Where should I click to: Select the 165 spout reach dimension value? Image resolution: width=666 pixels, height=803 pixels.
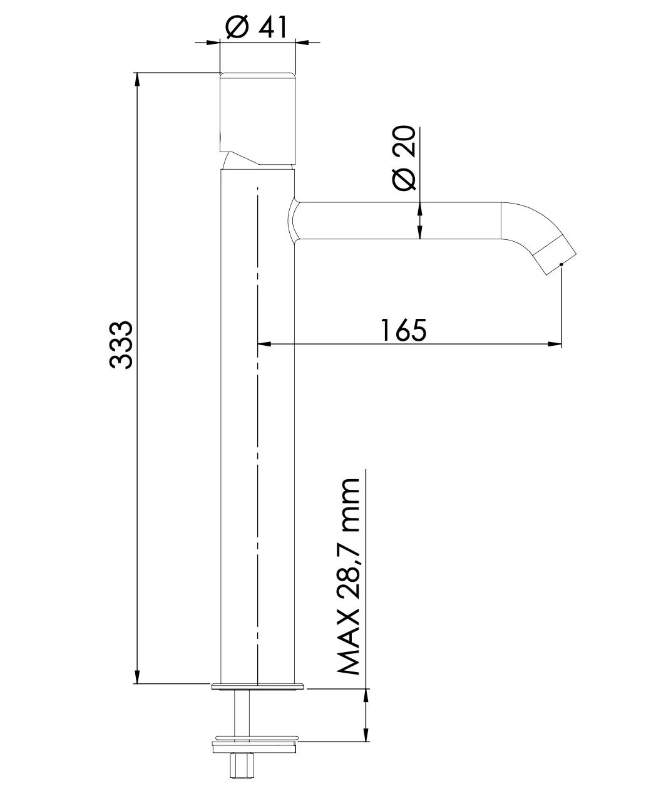404,330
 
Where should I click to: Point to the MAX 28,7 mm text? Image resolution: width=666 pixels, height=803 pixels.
349,577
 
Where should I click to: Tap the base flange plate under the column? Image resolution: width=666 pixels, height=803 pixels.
258,686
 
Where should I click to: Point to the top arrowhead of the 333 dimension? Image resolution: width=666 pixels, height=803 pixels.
137,79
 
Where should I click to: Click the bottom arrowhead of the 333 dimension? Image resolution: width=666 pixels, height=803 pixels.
137,678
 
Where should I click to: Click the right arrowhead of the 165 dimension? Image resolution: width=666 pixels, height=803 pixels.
555,343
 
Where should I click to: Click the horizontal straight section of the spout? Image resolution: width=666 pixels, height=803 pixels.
401,220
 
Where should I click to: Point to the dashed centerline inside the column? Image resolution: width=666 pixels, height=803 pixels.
258,438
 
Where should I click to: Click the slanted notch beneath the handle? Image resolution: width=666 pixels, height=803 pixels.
241,159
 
